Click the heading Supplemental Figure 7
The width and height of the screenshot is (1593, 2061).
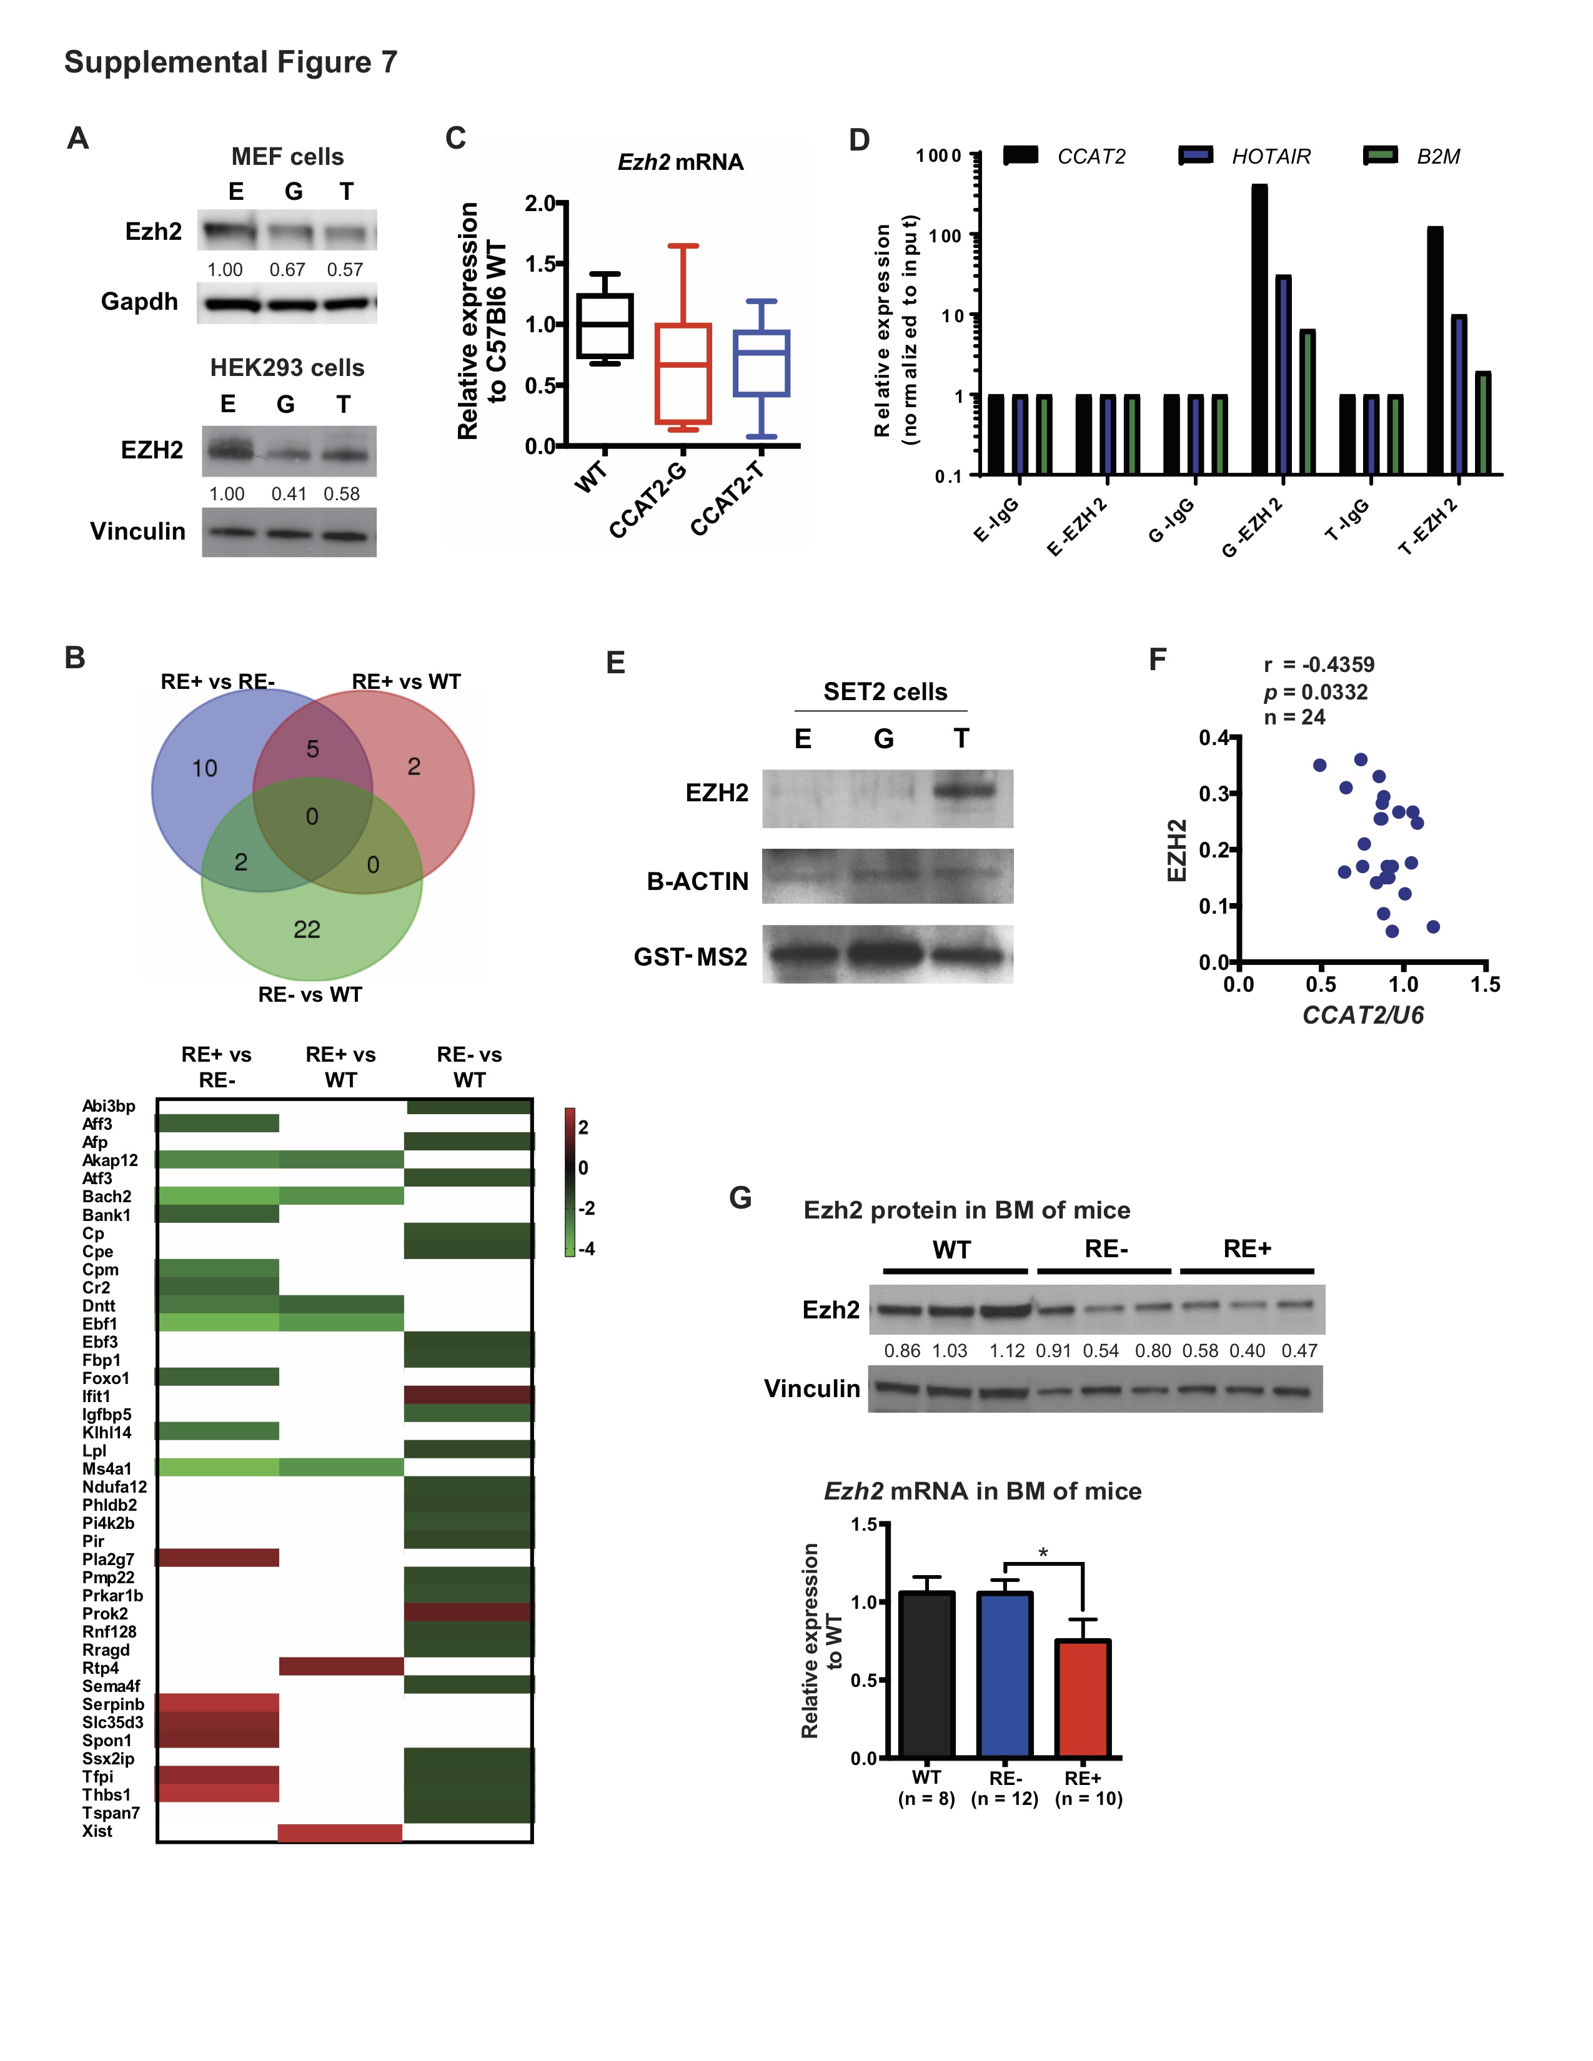(x=231, y=62)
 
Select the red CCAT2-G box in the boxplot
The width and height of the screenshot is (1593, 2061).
(x=682, y=373)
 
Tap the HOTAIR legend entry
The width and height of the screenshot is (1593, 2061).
(x=1270, y=157)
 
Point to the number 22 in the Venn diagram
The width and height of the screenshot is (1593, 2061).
(x=307, y=929)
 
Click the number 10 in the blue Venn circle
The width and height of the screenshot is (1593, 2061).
(x=205, y=768)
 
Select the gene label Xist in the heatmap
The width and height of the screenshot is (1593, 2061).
(x=97, y=1831)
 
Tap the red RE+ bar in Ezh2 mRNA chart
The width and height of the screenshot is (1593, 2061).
(x=1083, y=1699)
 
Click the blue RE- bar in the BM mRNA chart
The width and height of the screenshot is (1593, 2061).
(x=1004, y=1675)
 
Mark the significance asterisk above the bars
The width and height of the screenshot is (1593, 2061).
(x=1043, y=1553)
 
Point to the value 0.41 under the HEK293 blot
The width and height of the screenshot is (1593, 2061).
(x=289, y=493)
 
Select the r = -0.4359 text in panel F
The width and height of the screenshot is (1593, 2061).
(x=1319, y=665)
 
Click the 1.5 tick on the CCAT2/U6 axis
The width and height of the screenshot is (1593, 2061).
(x=1484, y=984)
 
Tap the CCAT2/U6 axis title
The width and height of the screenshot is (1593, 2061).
(x=1362, y=1016)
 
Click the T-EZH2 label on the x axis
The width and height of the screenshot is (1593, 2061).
(x=1429, y=526)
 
